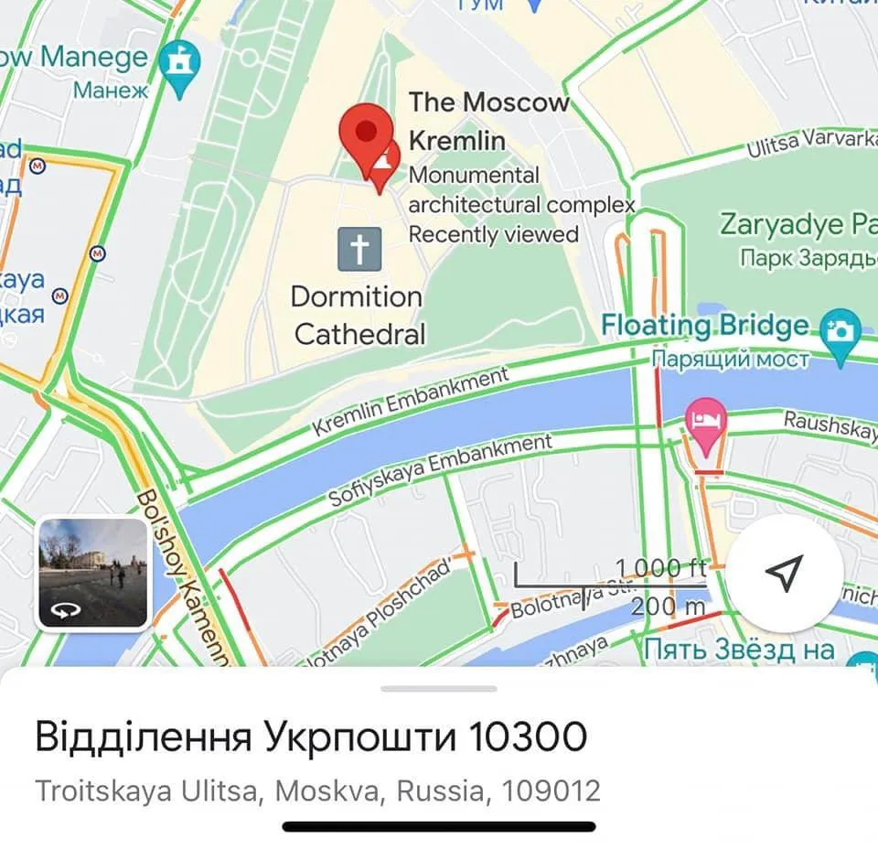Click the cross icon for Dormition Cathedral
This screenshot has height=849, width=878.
[359, 249]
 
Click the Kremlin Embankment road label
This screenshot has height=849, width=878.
[411, 402]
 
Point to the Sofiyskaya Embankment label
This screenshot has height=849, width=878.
[440, 471]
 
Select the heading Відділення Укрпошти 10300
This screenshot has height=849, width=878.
[311, 736]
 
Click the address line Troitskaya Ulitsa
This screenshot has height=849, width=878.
[317, 790]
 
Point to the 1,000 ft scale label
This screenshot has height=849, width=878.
[659, 568]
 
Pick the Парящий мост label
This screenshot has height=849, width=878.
[731, 359]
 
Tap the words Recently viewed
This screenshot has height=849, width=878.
[494, 234]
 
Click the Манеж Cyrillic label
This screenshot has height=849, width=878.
[111, 91]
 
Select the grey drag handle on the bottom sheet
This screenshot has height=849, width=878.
[439, 688]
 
